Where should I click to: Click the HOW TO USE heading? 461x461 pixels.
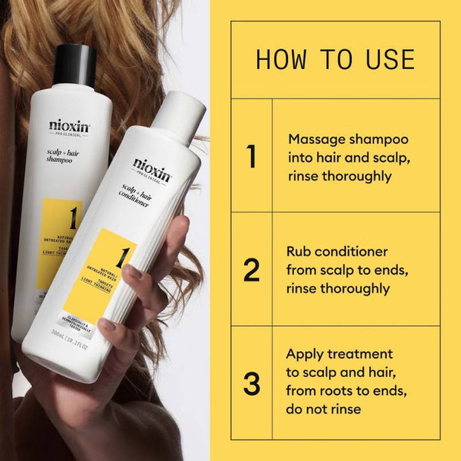coord(335,59)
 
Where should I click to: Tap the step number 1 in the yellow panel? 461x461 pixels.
coord(251,157)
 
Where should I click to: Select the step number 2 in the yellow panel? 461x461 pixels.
coord(251,269)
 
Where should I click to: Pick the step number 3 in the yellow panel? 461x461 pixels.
coord(251,383)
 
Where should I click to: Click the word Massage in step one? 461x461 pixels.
coord(315,140)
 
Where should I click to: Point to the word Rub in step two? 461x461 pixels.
coord(299,251)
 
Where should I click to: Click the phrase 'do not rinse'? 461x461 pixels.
coord(324,409)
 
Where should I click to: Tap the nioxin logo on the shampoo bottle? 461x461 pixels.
coord(69,126)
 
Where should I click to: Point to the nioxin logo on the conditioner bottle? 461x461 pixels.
coord(152,165)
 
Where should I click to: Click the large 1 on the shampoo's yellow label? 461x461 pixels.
coord(74,221)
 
